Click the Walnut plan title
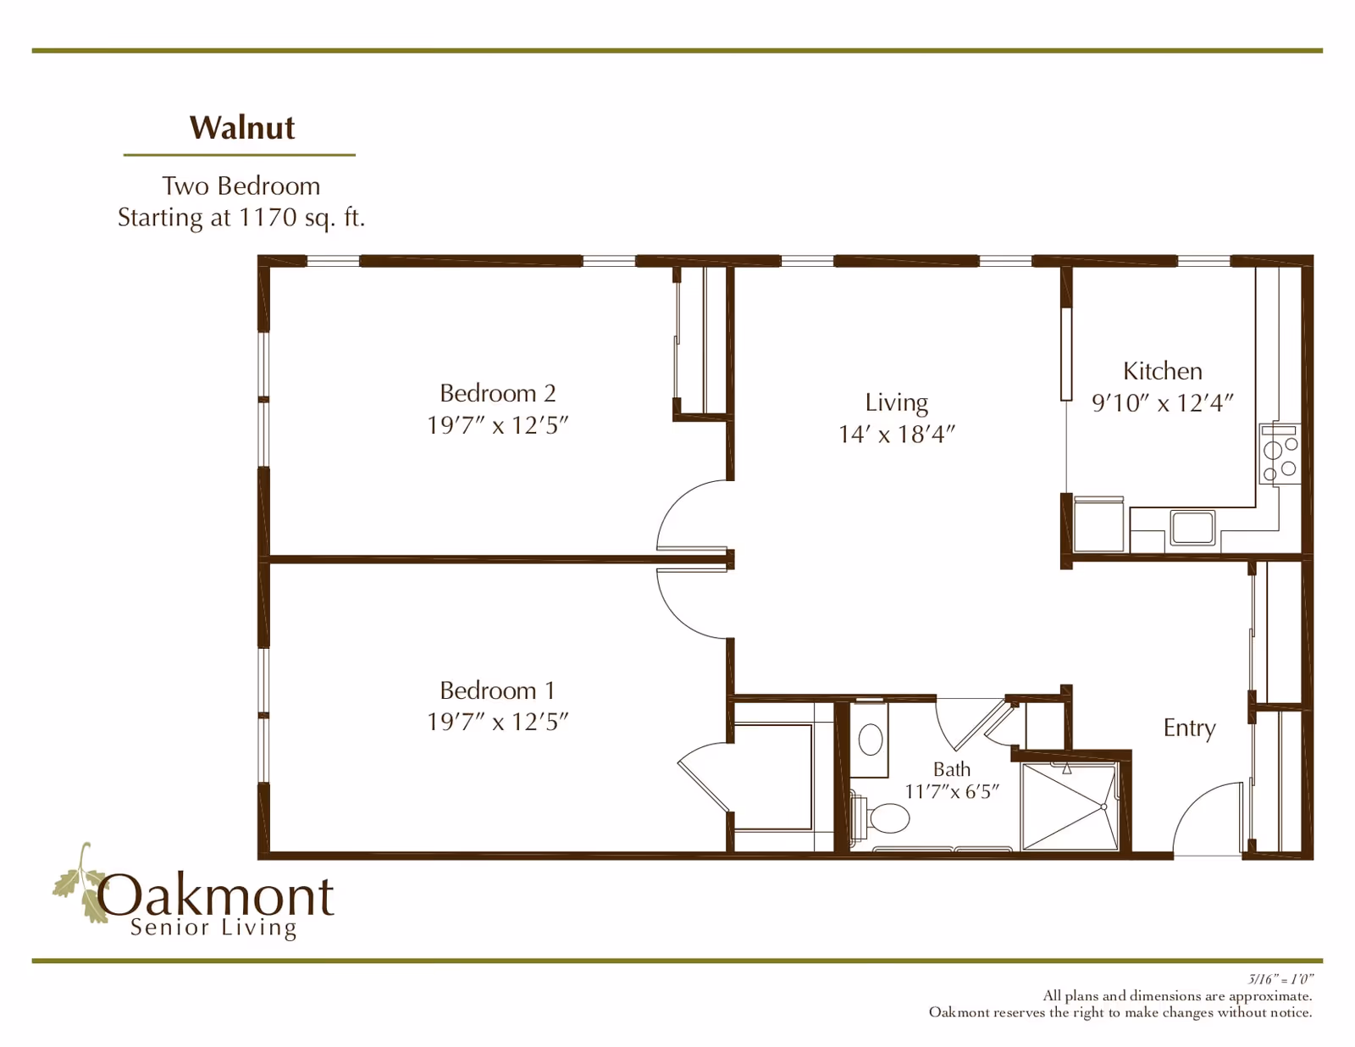click(241, 128)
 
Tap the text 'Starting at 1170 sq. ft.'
click(241, 218)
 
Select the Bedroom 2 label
click(497, 393)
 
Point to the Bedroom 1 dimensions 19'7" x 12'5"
click(497, 722)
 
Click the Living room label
click(896, 402)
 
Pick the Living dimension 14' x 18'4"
click(896, 435)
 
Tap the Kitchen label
click(1162, 371)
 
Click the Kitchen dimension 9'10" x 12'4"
click(1162, 403)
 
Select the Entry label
click(1189, 728)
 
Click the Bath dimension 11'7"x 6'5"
click(952, 792)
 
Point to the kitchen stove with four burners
click(1279, 454)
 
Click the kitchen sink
click(1192, 527)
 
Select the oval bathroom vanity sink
click(870, 740)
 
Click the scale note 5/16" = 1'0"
click(1280, 979)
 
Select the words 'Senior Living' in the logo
click(213, 928)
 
